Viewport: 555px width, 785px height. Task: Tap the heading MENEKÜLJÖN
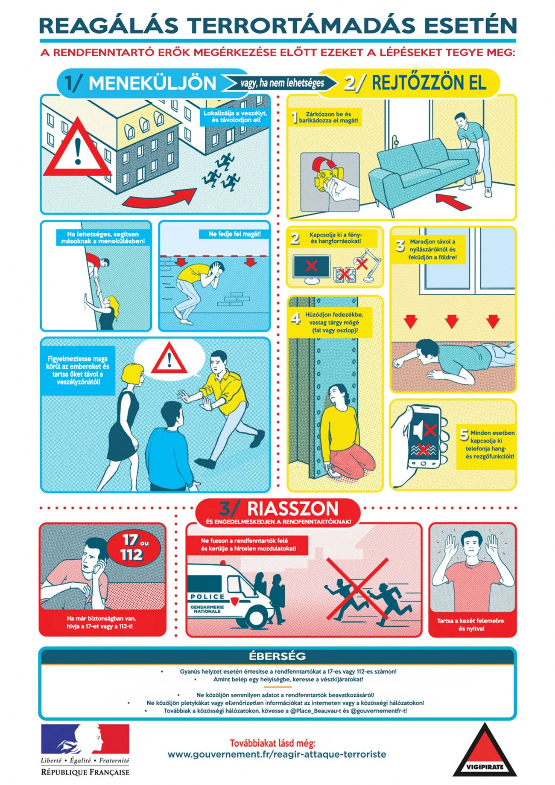click(152, 83)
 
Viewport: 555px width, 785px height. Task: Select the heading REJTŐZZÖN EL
click(429, 83)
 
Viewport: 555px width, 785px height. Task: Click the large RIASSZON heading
click(292, 508)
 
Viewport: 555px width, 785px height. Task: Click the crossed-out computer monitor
click(312, 268)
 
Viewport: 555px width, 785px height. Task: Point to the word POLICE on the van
click(207, 596)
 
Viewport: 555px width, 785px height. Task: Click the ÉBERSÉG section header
click(277, 656)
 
